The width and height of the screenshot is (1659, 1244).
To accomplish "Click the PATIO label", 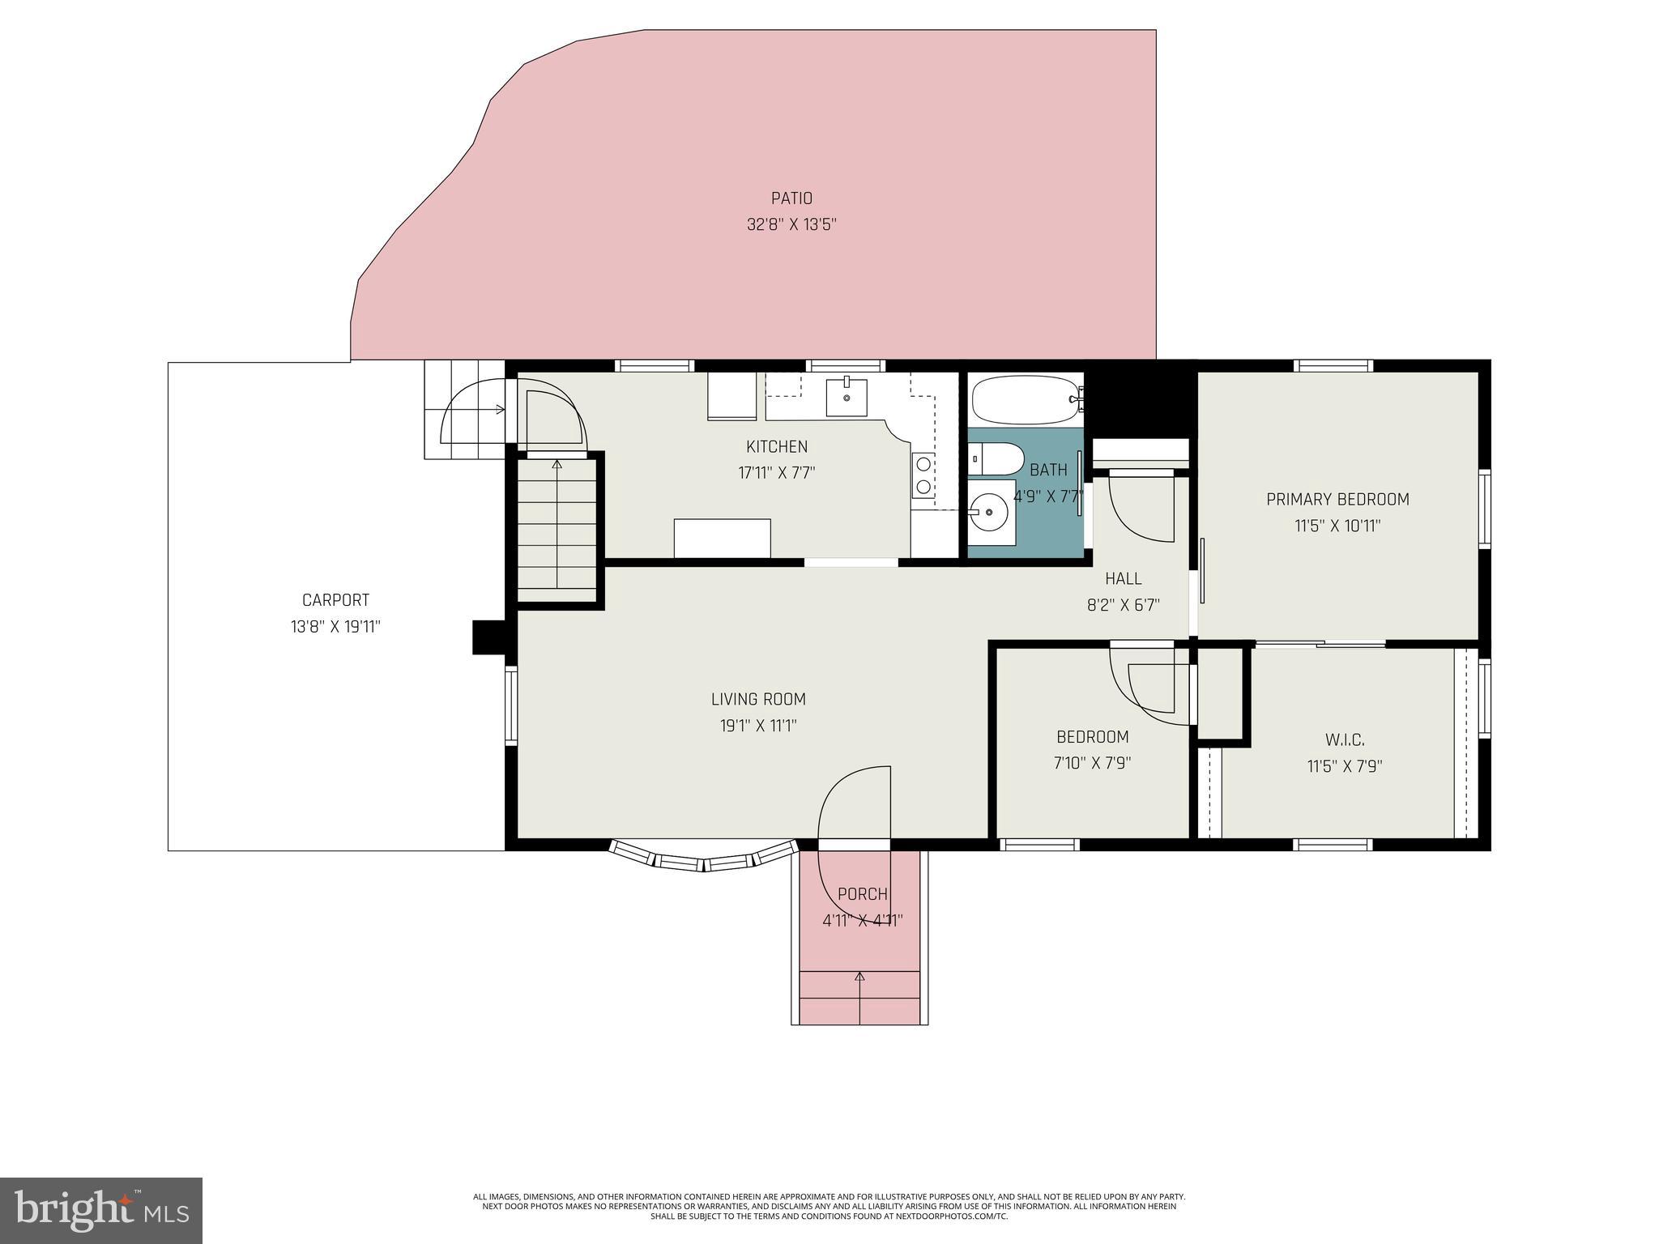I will [x=791, y=198].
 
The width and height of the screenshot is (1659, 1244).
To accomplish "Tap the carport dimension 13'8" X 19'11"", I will [x=335, y=626].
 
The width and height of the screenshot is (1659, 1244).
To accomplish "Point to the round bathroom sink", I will [x=988, y=512].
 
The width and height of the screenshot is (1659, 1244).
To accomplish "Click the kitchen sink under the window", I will [x=847, y=397].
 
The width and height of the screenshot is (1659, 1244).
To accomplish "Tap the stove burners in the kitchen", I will [x=923, y=475].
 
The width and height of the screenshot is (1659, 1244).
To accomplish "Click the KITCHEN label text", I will [x=776, y=446].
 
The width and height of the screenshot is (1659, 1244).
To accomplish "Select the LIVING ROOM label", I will [x=758, y=699].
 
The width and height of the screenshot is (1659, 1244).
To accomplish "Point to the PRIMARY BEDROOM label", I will [x=1337, y=500].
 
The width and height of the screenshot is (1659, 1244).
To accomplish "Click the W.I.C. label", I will [x=1345, y=739].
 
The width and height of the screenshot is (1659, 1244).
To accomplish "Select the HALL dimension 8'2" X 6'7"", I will [x=1123, y=604].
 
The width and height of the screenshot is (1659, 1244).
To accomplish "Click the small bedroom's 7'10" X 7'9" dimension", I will [x=1092, y=763].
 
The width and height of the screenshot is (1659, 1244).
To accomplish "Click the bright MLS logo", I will [x=101, y=1210].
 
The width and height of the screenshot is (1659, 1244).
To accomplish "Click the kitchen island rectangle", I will [x=722, y=539].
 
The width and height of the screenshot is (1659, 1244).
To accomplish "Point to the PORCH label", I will [x=862, y=894].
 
